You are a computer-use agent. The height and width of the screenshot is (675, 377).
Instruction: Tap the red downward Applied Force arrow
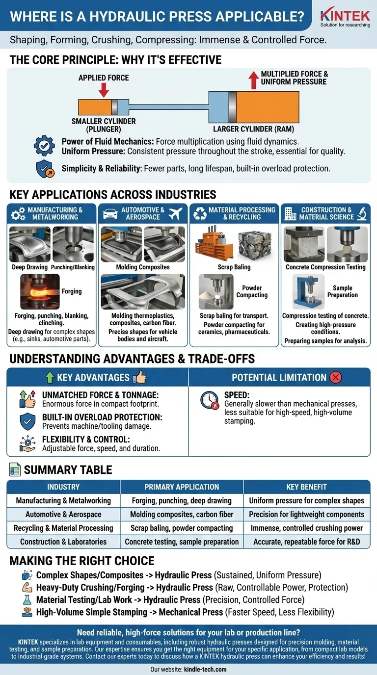[x=104, y=90]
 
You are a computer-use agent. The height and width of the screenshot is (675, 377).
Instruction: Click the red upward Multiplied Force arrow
[x=253, y=80]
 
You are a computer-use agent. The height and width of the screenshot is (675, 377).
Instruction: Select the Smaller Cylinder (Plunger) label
[x=104, y=125]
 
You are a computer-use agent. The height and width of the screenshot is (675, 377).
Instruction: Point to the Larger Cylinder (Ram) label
[x=253, y=130]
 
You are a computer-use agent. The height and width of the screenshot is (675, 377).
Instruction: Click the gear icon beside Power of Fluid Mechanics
[x=45, y=146]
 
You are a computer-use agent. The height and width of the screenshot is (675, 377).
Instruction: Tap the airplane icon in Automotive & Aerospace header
[x=175, y=213]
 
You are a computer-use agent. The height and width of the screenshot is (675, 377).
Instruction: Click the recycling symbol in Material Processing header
[x=200, y=213]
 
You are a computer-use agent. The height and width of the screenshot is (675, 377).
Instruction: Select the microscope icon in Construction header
[x=362, y=213]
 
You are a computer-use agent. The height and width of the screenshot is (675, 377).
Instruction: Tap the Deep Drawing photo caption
[x=30, y=267]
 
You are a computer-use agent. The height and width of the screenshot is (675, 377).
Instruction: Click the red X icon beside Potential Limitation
[x=336, y=377]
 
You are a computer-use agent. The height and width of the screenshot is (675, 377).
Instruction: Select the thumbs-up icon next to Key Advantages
[x=140, y=377]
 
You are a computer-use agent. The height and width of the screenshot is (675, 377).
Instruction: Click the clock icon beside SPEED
[x=210, y=400]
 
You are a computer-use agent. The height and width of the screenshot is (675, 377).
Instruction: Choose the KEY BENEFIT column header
[x=306, y=487]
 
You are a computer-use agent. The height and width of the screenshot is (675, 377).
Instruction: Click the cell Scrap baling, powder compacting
[x=182, y=528]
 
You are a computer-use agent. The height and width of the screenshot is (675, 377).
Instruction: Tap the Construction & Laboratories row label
[x=63, y=542]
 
